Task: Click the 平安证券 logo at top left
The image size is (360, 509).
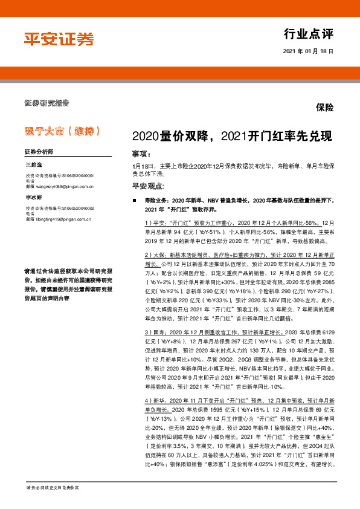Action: [59, 39]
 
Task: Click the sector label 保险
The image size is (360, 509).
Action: [324, 108]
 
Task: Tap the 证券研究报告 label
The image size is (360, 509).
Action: [47, 102]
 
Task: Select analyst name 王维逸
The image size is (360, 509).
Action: [34, 164]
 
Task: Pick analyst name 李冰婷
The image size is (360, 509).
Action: [34, 197]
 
